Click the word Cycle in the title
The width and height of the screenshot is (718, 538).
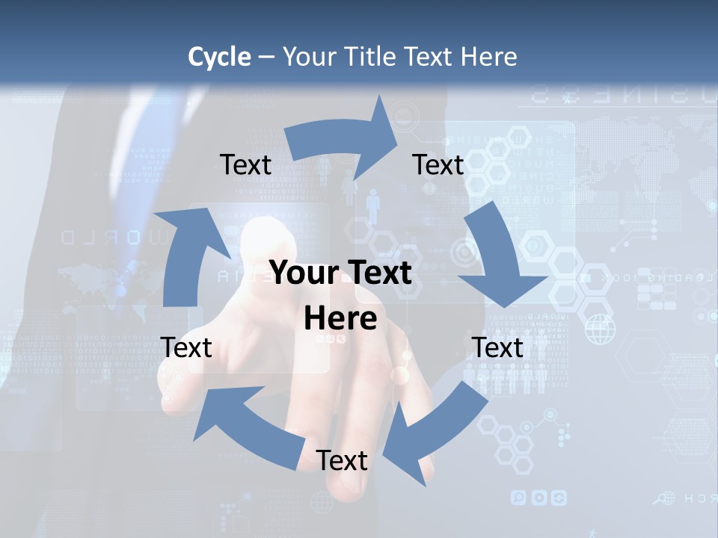(x=219, y=57)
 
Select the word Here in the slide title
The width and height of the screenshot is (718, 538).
(x=488, y=57)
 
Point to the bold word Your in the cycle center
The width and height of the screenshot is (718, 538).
(x=304, y=273)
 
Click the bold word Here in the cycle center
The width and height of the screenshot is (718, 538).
(x=340, y=319)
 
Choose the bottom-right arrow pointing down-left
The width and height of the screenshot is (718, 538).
(x=434, y=433)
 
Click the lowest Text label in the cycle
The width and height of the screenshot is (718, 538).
(x=342, y=460)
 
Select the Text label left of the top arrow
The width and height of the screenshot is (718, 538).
(x=245, y=164)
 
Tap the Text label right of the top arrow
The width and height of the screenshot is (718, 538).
(x=438, y=164)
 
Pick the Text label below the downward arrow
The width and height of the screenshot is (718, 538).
(x=497, y=347)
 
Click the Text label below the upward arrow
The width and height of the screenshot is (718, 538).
(x=186, y=347)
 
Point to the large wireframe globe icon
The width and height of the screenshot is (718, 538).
(x=600, y=329)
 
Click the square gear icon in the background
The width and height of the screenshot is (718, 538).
(x=558, y=497)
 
